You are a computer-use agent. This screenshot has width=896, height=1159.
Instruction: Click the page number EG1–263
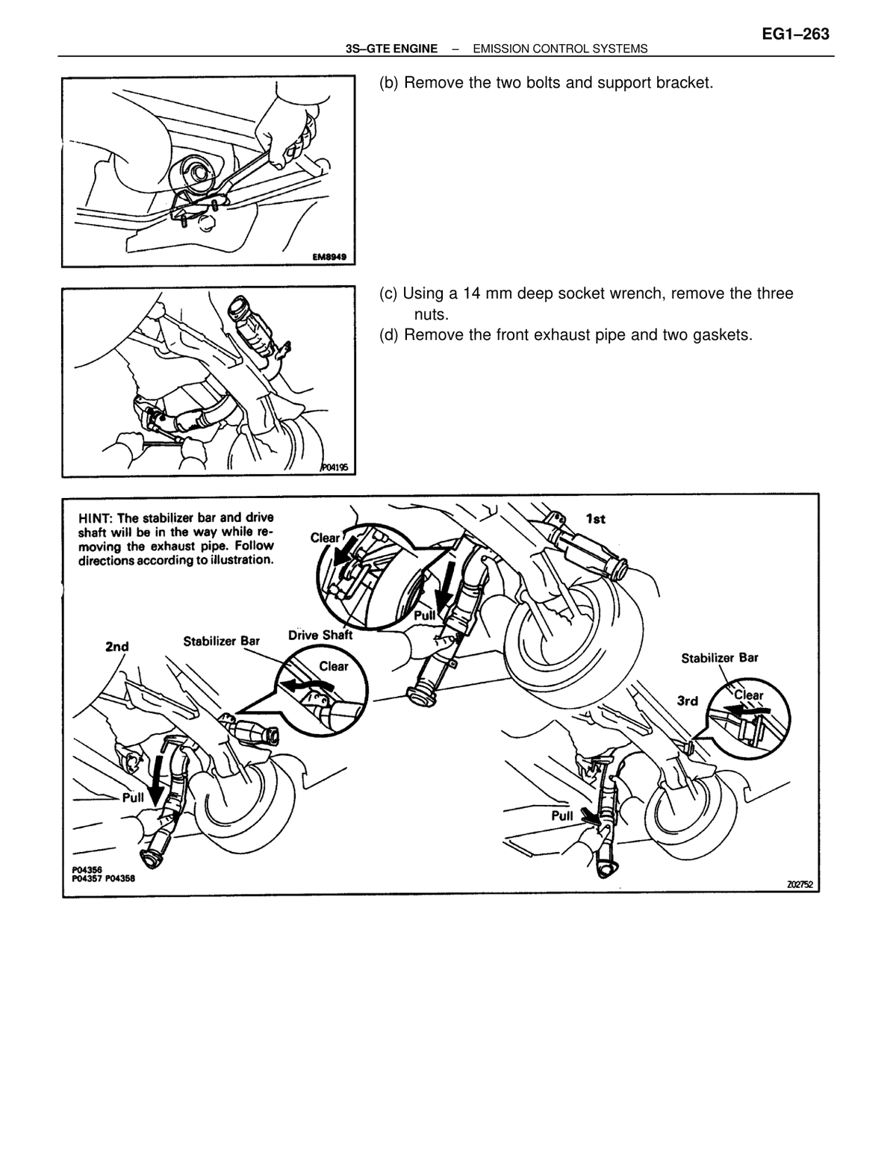pos(795,34)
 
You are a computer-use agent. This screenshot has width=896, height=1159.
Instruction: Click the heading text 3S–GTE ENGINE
pos(391,49)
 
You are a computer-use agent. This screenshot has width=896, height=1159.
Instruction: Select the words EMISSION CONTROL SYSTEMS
pos(560,49)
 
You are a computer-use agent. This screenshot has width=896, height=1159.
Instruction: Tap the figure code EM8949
pos(329,257)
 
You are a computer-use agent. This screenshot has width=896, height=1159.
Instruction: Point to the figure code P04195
pos(335,467)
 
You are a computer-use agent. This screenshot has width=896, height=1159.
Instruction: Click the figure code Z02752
pos(800,884)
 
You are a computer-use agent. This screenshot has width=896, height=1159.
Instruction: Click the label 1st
pos(595,519)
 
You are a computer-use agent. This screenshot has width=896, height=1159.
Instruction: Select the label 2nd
pos(116,647)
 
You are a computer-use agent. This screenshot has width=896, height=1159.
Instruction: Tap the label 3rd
pos(687,700)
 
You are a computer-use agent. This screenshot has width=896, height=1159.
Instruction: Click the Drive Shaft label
pos(320,635)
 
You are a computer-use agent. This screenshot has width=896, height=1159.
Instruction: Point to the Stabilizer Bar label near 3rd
pos(720,658)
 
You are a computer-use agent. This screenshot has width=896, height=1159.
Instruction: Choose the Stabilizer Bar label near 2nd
pos(221,641)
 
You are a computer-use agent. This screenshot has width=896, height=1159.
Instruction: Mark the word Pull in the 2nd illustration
pos(133,798)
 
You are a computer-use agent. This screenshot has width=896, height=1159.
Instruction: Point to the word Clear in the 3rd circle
pos(749,695)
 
